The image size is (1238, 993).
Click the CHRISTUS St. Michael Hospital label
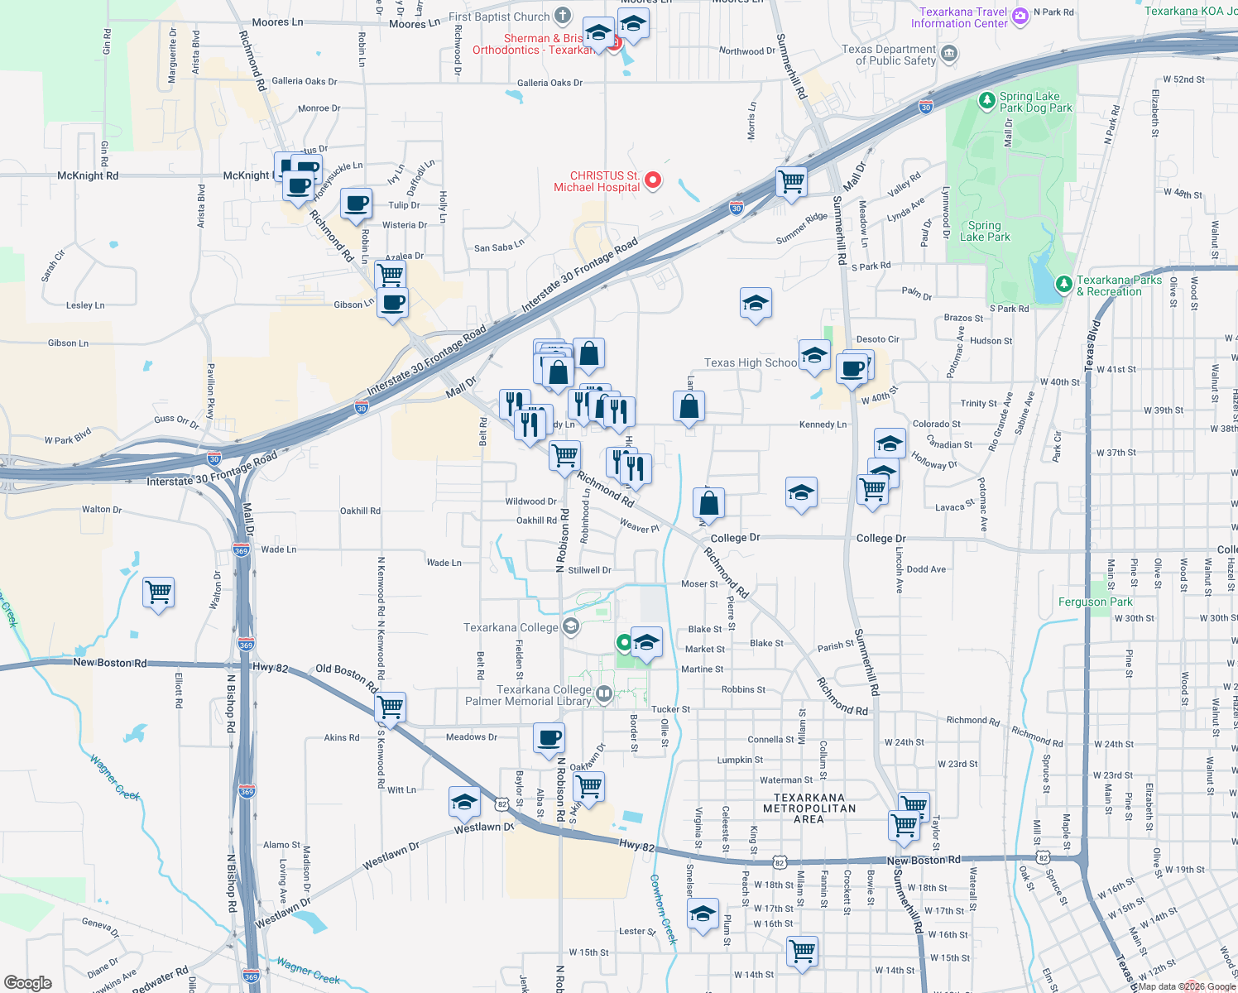click(597, 181)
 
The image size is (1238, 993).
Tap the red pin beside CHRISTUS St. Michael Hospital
click(653, 180)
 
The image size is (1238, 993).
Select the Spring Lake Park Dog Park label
click(1035, 102)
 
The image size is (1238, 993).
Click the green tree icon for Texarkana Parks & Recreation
click(1064, 285)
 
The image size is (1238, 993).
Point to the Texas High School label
click(751, 362)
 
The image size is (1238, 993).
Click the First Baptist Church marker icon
click(563, 16)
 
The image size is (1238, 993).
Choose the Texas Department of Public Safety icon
click(949, 55)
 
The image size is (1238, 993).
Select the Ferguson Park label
click(1095, 602)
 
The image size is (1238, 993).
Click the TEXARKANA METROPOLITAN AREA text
click(809, 808)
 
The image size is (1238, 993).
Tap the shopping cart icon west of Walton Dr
click(158, 592)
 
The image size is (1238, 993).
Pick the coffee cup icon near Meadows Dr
click(549, 736)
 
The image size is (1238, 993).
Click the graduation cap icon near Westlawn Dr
click(464, 801)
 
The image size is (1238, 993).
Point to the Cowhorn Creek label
click(663, 909)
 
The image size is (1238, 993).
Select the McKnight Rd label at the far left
click(88, 175)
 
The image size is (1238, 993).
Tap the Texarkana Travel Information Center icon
click(1020, 15)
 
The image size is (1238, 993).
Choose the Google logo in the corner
click(27, 982)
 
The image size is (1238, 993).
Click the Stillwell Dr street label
click(589, 570)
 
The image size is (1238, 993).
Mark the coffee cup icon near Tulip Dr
click(357, 203)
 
